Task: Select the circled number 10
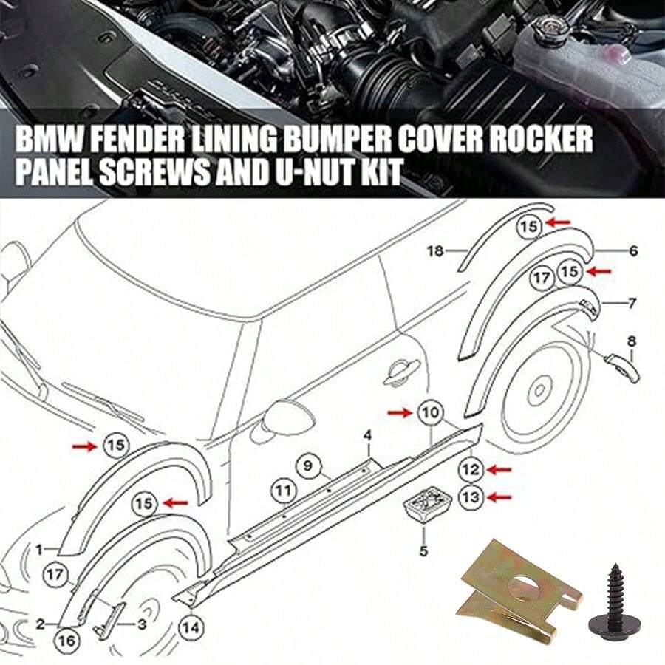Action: click(431, 412)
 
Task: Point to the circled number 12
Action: click(471, 468)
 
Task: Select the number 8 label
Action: click(631, 341)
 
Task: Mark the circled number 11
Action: click(282, 489)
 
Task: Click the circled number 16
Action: click(66, 641)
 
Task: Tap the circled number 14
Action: click(190, 629)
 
